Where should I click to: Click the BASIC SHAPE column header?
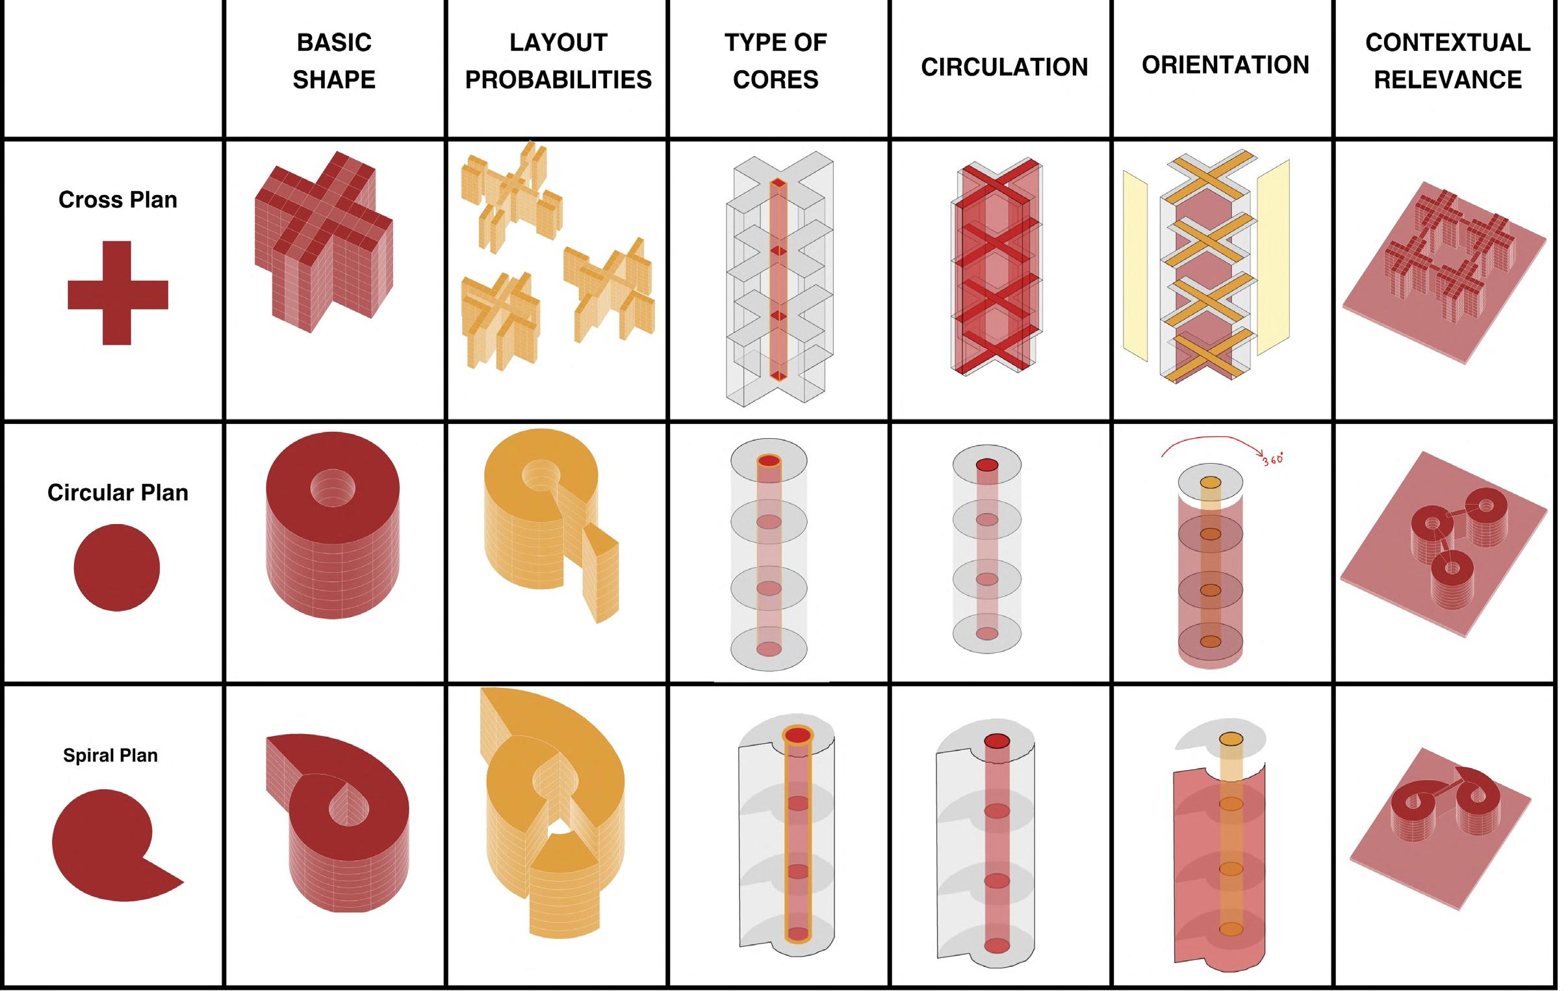[334, 60]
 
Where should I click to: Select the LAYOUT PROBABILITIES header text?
[558, 60]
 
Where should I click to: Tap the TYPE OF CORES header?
[775, 60]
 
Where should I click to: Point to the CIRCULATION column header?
[1004, 66]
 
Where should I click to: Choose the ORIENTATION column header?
[1225, 64]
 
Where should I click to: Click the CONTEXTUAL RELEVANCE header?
[1448, 60]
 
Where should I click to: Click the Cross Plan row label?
[118, 200]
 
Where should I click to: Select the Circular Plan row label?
[118, 492]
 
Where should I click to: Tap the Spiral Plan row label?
[110, 755]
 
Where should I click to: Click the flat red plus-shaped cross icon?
[117, 294]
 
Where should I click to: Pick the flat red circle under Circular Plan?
[116, 568]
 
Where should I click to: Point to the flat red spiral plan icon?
[107, 845]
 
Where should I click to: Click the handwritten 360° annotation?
[1272, 459]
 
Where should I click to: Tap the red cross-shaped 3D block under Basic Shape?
[324, 241]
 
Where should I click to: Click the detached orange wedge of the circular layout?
[600, 574]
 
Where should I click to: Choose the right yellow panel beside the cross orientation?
[1273, 258]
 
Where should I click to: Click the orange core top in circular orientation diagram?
[1210, 482]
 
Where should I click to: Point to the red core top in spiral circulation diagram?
[996, 741]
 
